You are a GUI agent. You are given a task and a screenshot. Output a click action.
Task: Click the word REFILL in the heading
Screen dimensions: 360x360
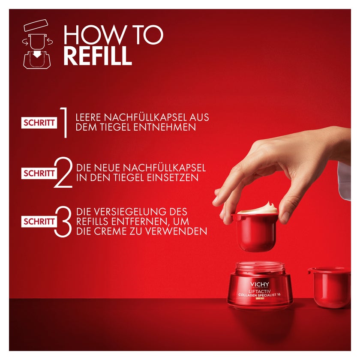pyautogui.click(x=98, y=56)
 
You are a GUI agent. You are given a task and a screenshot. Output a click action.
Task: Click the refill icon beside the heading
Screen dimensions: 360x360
pyautogui.click(x=38, y=44)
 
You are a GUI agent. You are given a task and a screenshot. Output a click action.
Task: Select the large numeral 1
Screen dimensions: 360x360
pyautogui.click(x=63, y=123)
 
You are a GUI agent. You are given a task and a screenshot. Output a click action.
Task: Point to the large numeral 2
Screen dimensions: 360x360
pyautogui.click(x=63, y=172)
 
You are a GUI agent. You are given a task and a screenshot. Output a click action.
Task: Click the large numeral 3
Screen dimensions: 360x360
pyautogui.click(x=63, y=222)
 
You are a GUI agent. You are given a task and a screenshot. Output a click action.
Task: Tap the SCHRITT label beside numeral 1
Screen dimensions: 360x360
pyautogui.click(x=39, y=123)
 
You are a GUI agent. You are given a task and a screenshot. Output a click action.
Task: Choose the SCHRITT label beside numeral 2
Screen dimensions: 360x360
pyautogui.click(x=39, y=173)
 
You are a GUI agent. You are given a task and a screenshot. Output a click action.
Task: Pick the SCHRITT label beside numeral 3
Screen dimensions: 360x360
pyautogui.click(x=39, y=222)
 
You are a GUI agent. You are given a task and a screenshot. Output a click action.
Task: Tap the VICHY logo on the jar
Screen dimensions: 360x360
pyautogui.click(x=260, y=285)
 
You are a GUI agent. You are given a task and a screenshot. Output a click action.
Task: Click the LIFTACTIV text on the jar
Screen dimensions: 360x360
pyautogui.click(x=260, y=291)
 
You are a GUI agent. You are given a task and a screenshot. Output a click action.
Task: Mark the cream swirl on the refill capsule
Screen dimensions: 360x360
pyautogui.click(x=258, y=208)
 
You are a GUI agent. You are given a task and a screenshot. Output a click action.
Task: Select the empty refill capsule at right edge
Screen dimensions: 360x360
pyautogui.click(x=329, y=288)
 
